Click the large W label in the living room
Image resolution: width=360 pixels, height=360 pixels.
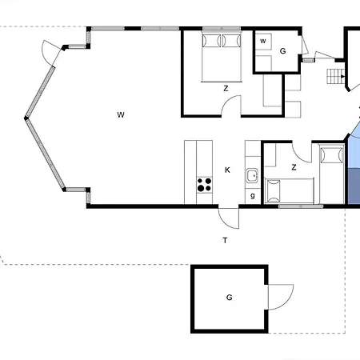121,115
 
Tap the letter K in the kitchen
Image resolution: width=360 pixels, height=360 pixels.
227,170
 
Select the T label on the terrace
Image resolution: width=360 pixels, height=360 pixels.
225,241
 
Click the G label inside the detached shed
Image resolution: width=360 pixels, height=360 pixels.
229,298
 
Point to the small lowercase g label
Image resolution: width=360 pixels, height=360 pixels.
253,196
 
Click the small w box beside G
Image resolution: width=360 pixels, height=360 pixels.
263,42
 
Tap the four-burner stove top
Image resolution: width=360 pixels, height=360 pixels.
205,185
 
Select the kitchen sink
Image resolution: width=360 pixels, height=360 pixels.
252,175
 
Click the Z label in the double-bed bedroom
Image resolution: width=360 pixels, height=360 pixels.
226,89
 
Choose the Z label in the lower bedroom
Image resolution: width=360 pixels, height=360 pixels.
294,167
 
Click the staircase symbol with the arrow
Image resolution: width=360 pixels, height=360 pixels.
336,77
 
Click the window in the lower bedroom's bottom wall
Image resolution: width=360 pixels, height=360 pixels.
301,206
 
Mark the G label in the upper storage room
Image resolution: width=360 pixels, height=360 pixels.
283,51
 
